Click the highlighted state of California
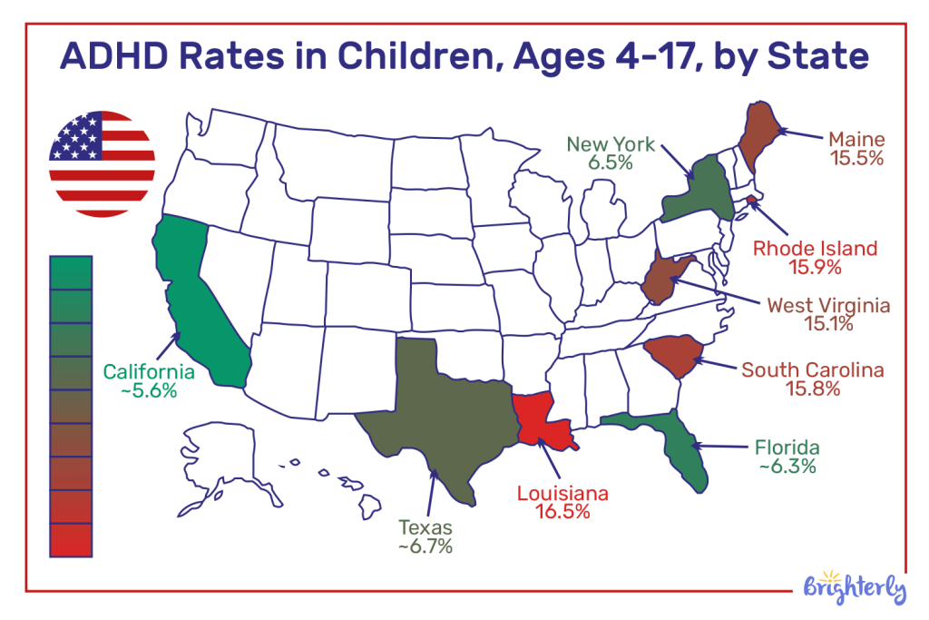coord(195,300)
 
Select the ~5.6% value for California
coord(149,391)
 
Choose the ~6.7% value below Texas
coord(425,546)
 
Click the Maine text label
coord(856,140)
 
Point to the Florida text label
coord(787,448)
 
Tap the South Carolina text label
coord(813,369)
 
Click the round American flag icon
coord(102,163)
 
